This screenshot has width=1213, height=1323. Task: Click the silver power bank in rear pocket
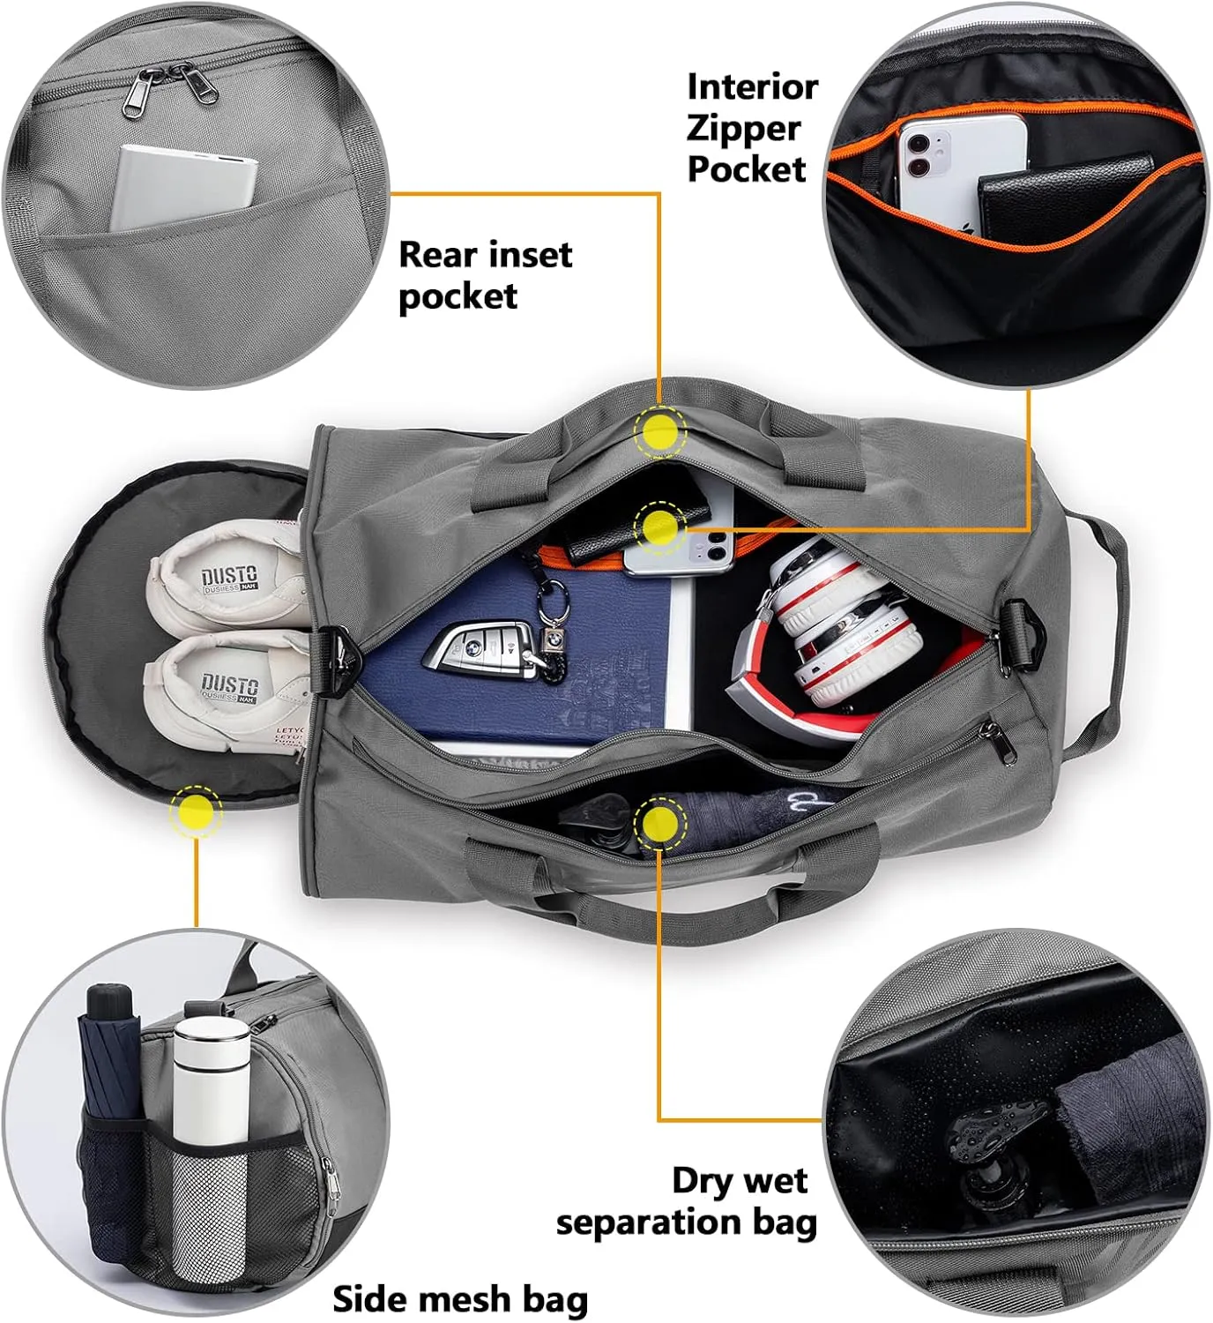[x=183, y=189]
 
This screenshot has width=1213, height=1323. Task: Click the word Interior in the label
[x=752, y=87]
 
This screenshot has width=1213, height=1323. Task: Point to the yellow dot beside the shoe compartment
[x=197, y=811]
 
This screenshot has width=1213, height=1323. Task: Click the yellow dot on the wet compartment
[x=659, y=824]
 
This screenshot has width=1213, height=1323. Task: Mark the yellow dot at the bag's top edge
[x=659, y=431]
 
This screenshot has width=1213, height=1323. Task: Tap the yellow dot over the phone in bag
[x=659, y=527]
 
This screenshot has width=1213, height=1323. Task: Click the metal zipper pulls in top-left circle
[x=172, y=88]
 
